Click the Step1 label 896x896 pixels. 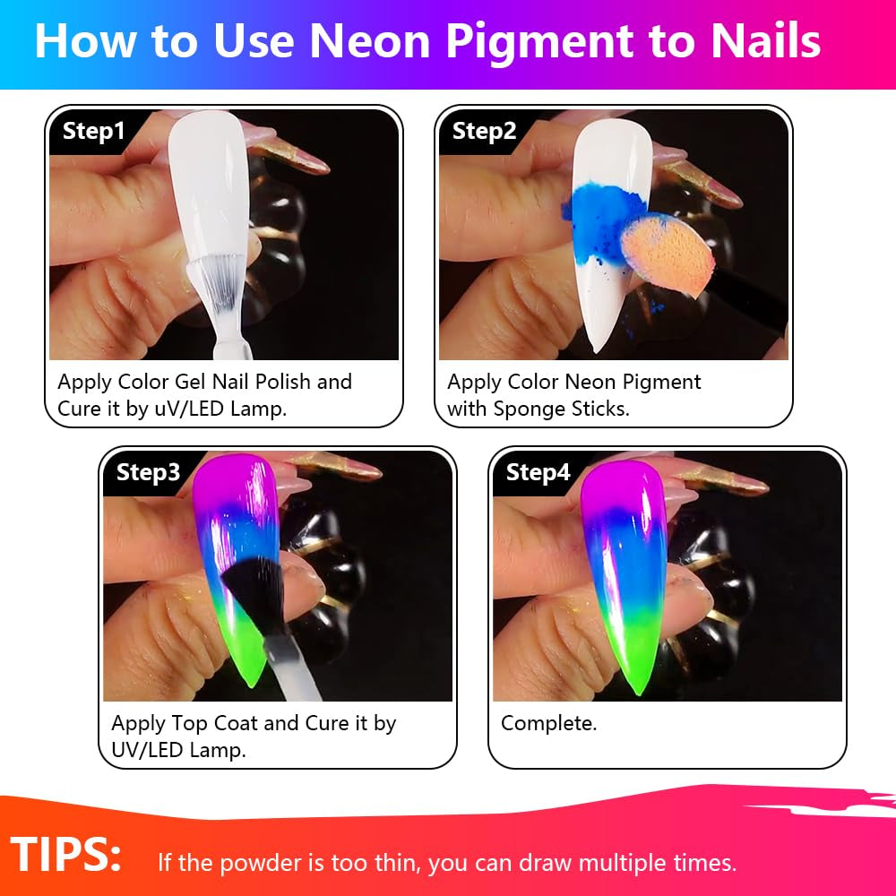coord(94,133)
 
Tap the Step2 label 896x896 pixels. coord(484,132)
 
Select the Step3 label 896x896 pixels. coord(148,473)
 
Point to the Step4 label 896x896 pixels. coord(538,473)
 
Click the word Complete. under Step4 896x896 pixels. coord(548,723)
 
